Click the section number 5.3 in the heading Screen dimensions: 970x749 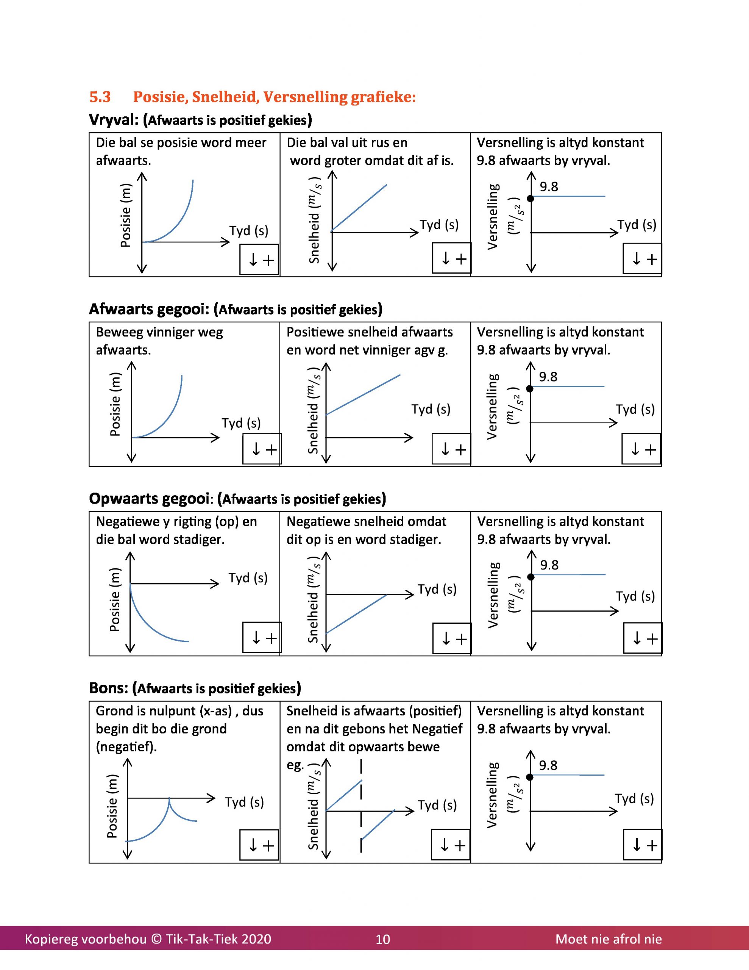point(100,97)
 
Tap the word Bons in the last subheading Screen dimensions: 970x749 point(108,688)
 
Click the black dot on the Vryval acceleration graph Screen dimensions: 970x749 point(530,199)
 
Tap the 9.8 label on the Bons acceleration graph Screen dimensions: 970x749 point(548,765)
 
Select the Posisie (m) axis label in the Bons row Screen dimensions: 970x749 point(112,806)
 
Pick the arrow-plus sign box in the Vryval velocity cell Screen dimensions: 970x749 point(451,258)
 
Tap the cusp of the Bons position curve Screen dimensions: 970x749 point(169,799)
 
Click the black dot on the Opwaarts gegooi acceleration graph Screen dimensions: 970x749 point(531,577)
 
